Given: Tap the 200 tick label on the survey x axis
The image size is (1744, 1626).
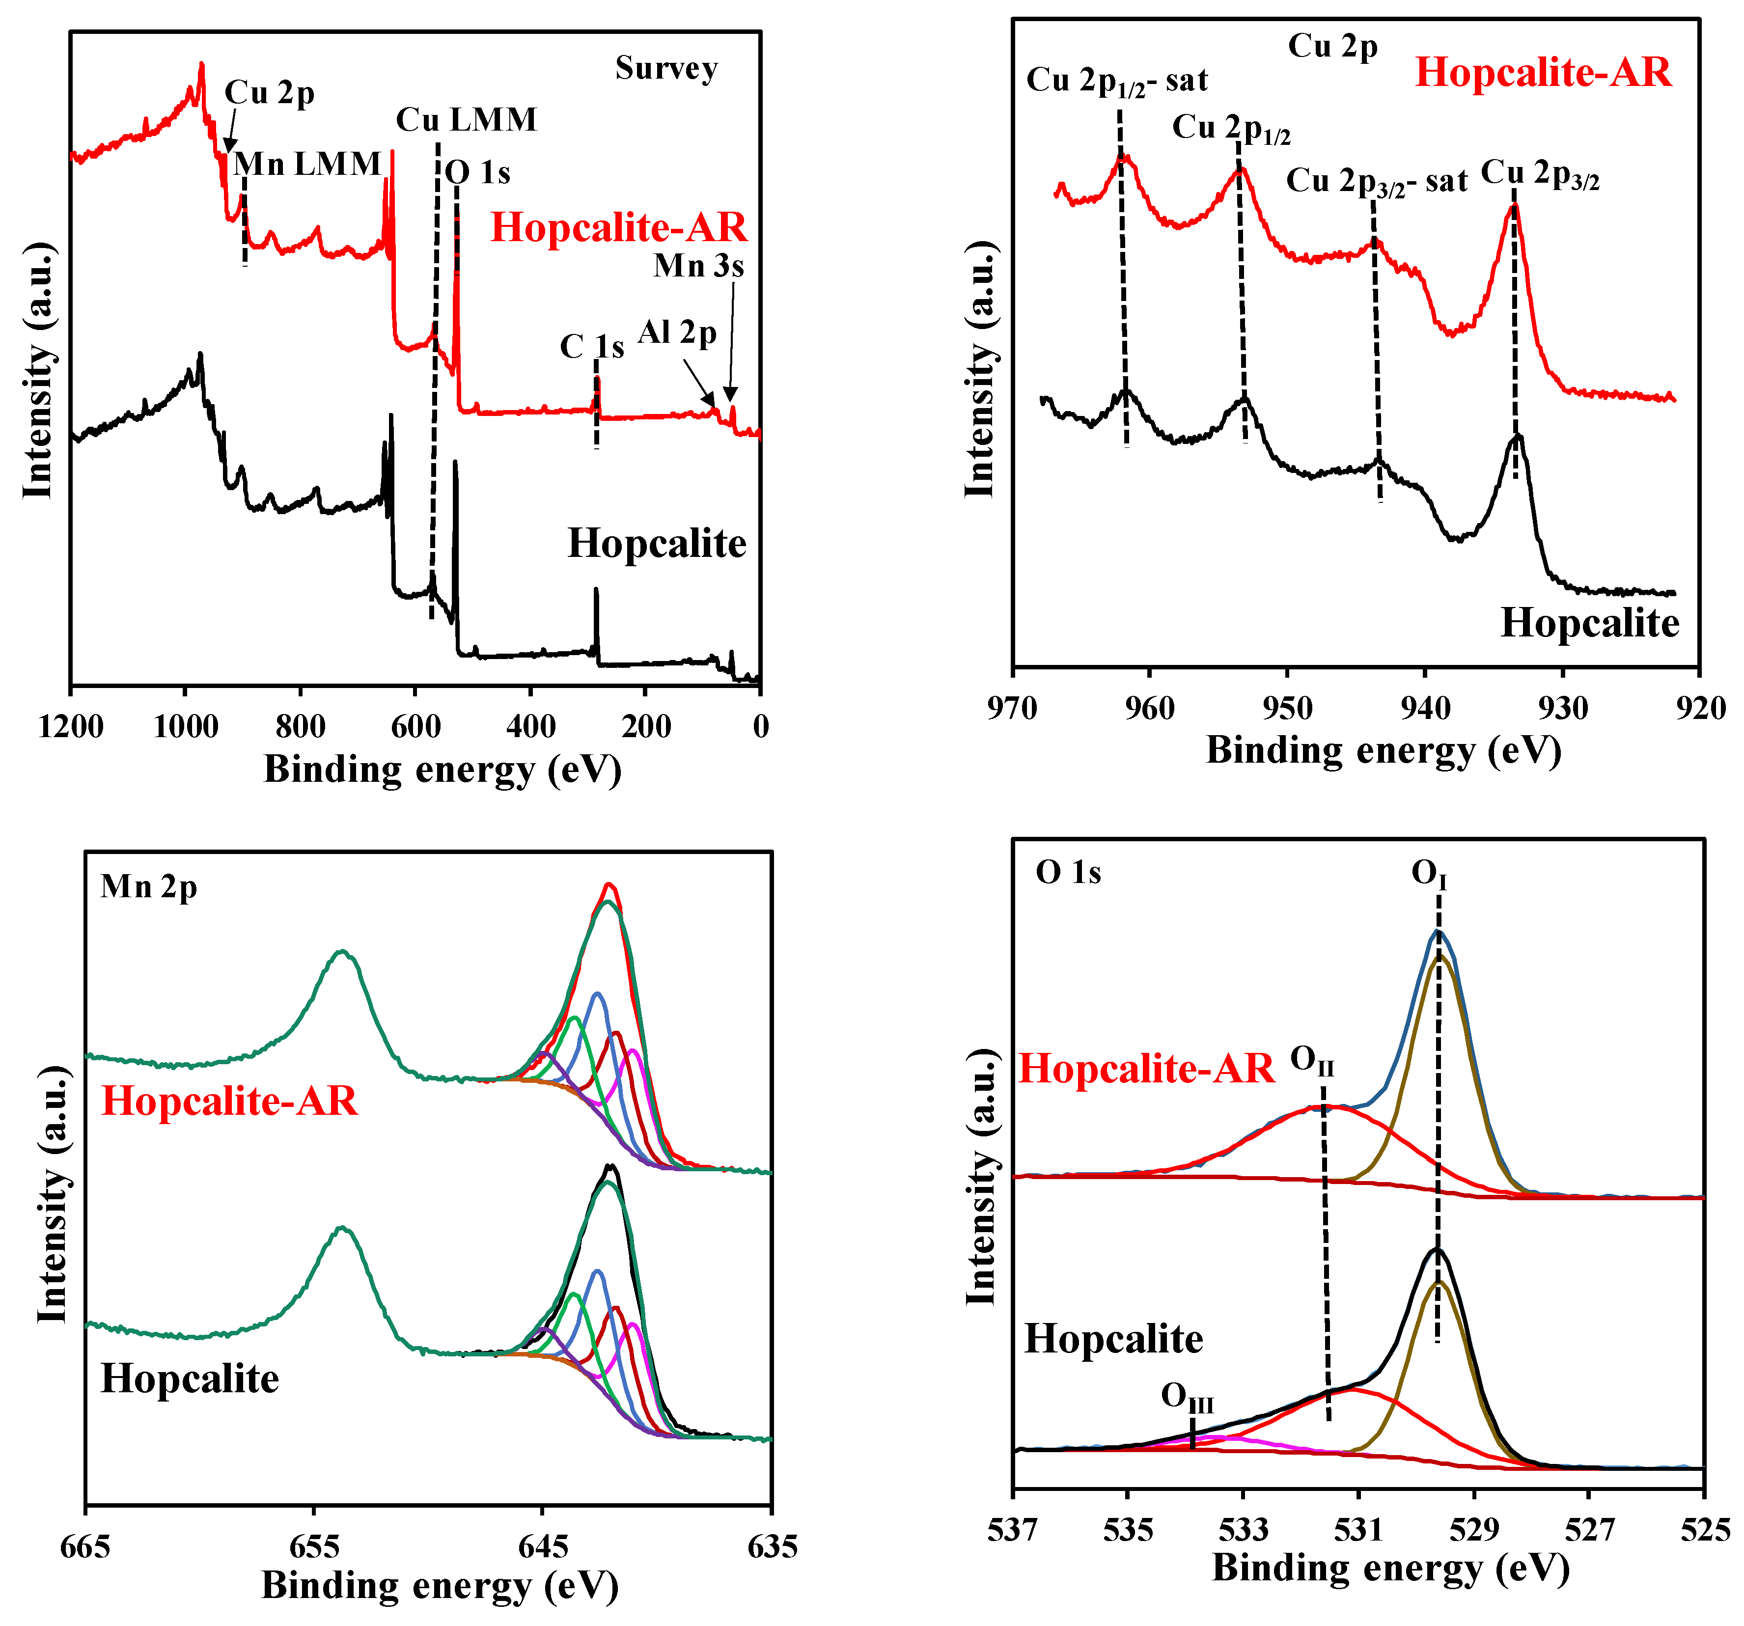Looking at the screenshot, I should point(646,726).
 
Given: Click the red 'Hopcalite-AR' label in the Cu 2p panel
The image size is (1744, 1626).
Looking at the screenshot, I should point(1543,72).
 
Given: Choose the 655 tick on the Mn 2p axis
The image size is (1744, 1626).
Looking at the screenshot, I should point(313,1546).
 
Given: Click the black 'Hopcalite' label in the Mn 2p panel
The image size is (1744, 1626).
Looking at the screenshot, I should point(190,1378).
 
